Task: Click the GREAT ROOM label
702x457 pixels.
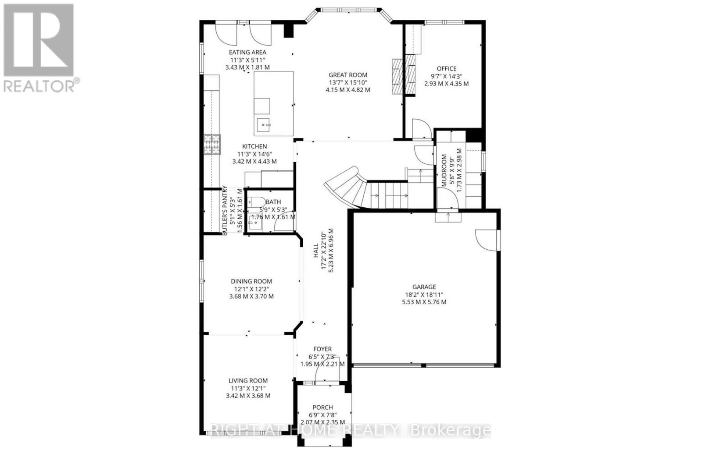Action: [x=348, y=75]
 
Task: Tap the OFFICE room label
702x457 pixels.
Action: [x=446, y=68]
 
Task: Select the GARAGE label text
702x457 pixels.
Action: [x=424, y=287]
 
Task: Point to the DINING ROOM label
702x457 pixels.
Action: [x=251, y=281]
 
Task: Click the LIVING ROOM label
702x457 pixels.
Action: [x=248, y=381]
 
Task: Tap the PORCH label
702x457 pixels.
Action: [x=322, y=407]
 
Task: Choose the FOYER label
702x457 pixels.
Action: [x=322, y=349]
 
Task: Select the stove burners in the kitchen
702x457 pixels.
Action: [x=211, y=144]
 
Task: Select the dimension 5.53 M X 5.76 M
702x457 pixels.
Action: [x=424, y=302]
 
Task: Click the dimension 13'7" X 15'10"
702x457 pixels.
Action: [x=348, y=82]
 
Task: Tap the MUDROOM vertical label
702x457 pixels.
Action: [x=444, y=170]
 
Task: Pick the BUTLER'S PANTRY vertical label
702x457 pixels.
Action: [x=225, y=211]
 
